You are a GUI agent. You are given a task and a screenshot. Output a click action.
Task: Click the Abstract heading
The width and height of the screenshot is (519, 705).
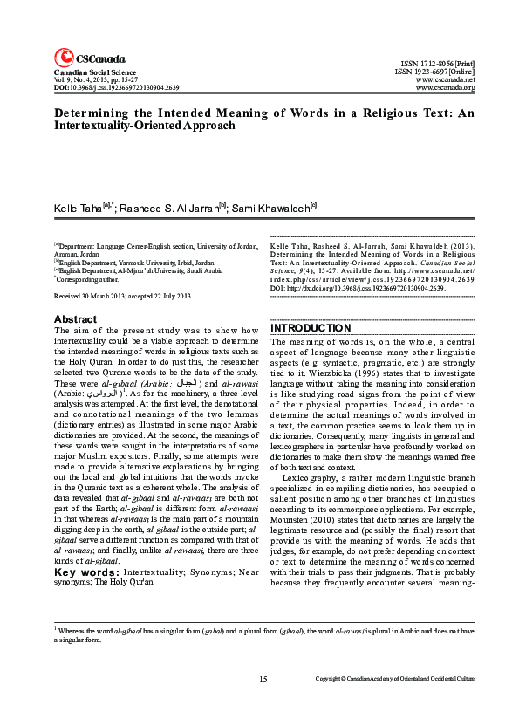coord(75,319)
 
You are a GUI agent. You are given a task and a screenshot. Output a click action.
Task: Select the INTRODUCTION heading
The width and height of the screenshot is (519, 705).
coord(312,328)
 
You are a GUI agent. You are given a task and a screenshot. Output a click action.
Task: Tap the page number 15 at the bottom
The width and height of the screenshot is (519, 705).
coord(263,679)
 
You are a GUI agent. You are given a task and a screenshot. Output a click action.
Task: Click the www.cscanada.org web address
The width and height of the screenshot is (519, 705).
coord(446,89)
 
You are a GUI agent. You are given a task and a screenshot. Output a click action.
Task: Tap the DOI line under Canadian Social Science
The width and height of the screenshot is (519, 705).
coord(116,88)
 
